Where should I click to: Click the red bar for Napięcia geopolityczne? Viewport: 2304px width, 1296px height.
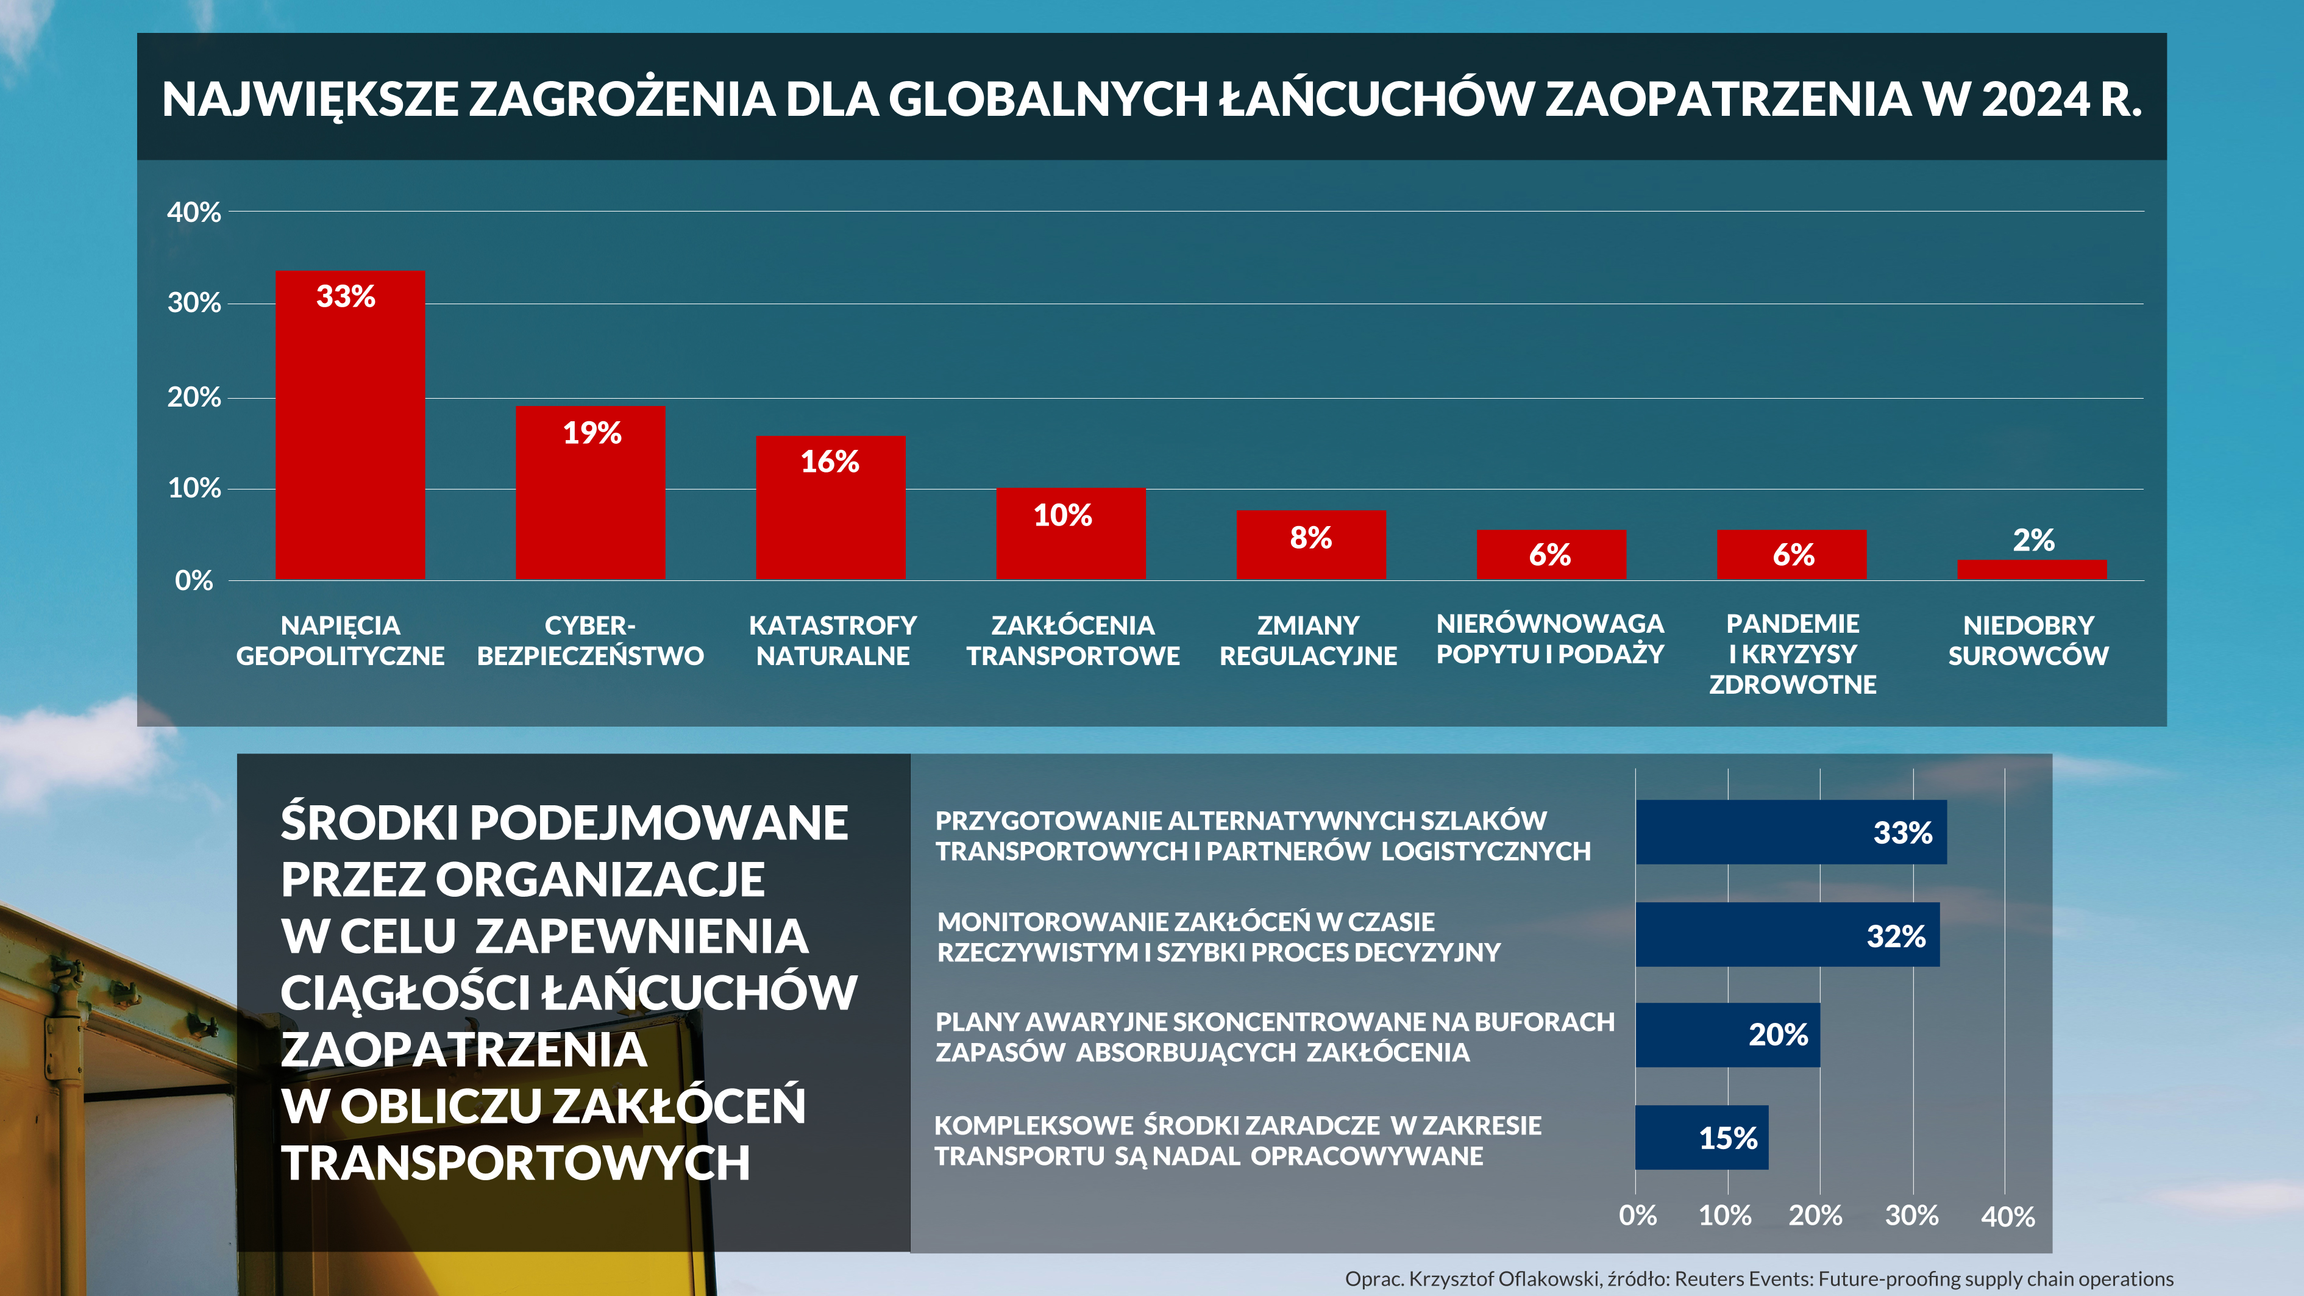pos(350,425)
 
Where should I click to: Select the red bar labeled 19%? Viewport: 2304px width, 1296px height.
pos(590,492)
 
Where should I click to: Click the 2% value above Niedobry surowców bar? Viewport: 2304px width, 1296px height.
pos(2033,540)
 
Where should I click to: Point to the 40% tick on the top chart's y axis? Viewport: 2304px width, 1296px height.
pos(193,213)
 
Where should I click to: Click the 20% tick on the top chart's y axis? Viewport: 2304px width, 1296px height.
pos(193,397)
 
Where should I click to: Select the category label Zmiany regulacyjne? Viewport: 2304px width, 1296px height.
pos(1307,641)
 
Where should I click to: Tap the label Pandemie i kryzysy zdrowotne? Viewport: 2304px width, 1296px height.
pos(1793,654)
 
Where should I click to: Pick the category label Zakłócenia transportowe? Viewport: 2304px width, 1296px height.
pos(1072,641)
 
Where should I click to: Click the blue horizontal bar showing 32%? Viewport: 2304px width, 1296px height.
pos(1787,935)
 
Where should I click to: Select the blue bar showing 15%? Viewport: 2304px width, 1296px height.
pos(1701,1138)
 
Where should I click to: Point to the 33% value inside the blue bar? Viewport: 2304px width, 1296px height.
pos(1902,833)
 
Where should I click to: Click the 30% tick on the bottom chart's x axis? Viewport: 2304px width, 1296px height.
pos(1911,1216)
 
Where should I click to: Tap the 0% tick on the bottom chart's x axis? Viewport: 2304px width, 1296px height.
pos(1638,1216)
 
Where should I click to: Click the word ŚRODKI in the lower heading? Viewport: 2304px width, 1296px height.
pos(369,823)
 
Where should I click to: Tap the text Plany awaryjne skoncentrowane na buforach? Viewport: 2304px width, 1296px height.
pos(1275,1022)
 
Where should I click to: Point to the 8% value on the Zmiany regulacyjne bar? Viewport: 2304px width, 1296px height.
pos(1310,538)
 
